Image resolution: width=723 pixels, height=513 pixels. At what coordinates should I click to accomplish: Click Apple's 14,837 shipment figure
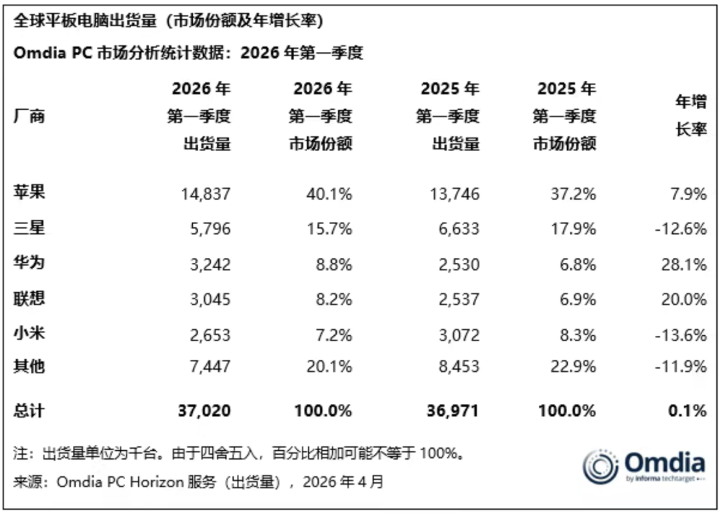(206, 194)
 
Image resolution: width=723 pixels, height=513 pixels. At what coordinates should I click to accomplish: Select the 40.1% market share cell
(329, 194)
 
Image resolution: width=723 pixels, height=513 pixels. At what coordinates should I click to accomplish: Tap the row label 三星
(29, 227)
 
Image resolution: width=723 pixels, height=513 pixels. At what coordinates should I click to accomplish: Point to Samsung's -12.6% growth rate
(681, 229)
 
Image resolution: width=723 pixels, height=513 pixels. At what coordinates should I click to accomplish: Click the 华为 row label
(29, 262)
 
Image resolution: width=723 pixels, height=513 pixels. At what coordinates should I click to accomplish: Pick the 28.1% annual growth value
(684, 264)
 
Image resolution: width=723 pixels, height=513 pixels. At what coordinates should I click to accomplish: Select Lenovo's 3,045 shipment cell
(210, 300)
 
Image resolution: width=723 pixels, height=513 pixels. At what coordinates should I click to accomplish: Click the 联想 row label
(29, 298)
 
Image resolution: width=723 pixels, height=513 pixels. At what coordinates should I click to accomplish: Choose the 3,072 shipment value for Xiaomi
(459, 335)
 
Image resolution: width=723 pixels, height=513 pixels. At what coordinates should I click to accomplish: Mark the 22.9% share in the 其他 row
(573, 367)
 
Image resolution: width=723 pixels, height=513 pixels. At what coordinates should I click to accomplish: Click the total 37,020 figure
(204, 410)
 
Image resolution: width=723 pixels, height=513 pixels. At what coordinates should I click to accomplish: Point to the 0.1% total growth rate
(688, 410)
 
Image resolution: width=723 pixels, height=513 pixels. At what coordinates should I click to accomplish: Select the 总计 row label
(29, 410)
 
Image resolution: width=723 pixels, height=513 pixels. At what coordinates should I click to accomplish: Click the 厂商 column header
(29, 116)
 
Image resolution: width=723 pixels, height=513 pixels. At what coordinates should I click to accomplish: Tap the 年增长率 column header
(691, 115)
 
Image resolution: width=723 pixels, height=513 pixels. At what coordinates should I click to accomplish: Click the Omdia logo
(644, 467)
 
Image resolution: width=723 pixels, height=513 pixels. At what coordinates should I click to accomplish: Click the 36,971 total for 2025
(453, 410)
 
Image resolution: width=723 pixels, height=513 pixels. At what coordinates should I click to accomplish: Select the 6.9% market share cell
(578, 300)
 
